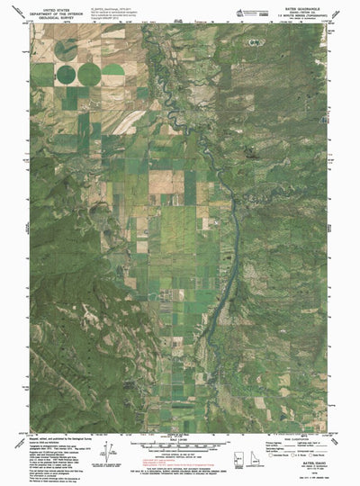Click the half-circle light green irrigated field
[x=112, y=68]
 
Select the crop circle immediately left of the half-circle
[x=89, y=73]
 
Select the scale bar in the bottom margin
[x=180, y=445]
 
